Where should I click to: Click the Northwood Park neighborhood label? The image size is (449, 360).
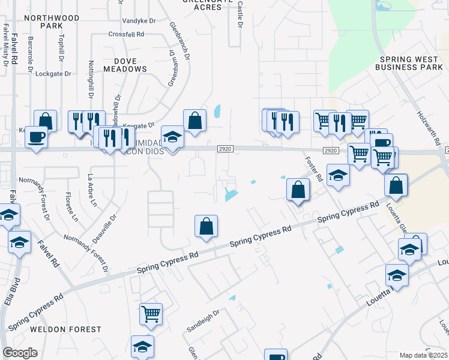pos(53,22)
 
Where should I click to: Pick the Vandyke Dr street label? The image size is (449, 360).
pos(139,20)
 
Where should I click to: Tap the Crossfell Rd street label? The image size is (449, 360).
pos(127,35)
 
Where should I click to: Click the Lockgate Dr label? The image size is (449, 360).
pos(53,74)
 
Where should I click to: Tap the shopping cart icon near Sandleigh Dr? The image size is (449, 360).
pos(151,313)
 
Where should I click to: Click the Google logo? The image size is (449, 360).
pos(19,353)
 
